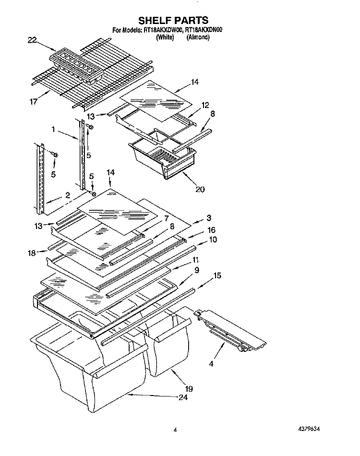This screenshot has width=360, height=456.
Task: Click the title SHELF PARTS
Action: coord(173,20)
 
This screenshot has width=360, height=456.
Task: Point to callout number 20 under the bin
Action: coord(200,189)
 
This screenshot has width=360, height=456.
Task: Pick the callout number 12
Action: coord(205,105)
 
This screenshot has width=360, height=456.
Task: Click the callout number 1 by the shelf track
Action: coord(54,129)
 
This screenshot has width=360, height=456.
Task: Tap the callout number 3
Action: coord(209,217)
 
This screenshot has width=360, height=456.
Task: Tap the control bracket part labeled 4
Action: coord(230,327)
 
